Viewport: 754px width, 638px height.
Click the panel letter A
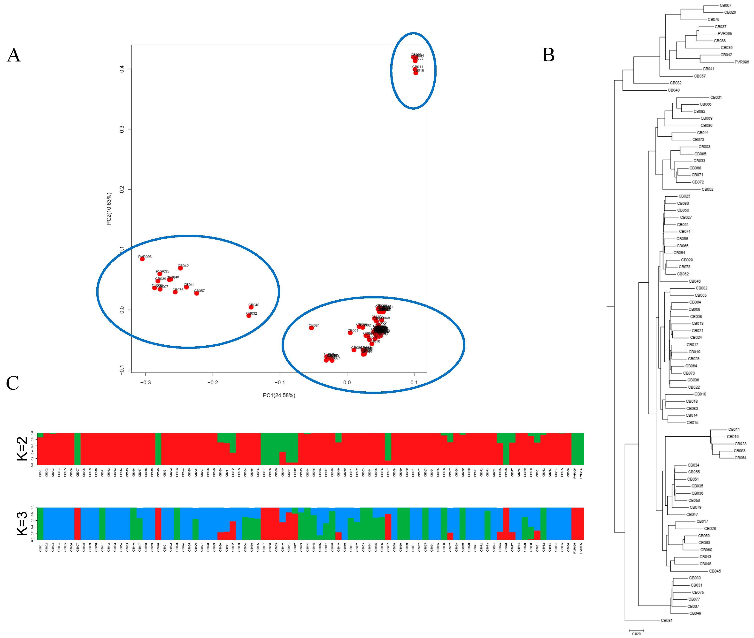click(x=14, y=55)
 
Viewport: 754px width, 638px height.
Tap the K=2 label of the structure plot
click(x=22, y=449)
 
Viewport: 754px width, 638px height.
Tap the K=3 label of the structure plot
click(x=22, y=523)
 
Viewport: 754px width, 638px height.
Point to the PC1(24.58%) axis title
click(x=279, y=395)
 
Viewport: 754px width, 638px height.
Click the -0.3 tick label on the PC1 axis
click(x=146, y=383)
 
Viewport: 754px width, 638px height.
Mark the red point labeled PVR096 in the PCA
click(x=142, y=259)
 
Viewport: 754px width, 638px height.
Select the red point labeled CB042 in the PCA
click(x=180, y=268)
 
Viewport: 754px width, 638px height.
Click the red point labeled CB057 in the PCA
click(x=196, y=293)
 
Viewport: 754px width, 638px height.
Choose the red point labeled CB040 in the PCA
click(x=251, y=307)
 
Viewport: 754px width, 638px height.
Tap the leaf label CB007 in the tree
click(x=725, y=5)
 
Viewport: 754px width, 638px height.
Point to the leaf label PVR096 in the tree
click(x=742, y=62)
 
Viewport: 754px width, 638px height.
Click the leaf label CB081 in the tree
click(x=667, y=620)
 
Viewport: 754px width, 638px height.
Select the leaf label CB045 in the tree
click(x=715, y=571)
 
